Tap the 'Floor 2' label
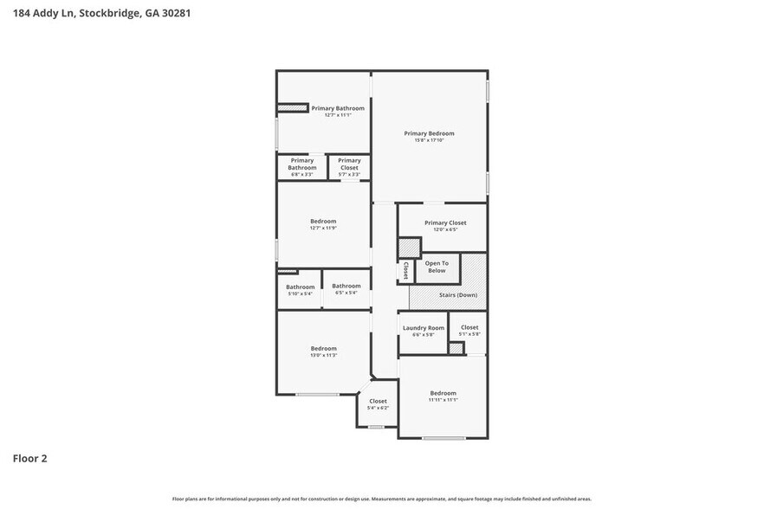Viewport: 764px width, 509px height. (29, 458)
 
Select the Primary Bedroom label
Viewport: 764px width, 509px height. (429, 133)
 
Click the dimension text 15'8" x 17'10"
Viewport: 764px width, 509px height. (429, 140)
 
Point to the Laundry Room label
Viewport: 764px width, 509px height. (423, 328)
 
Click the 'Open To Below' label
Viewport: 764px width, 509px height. (437, 267)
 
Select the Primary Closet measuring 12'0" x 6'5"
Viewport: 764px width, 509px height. (445, 223)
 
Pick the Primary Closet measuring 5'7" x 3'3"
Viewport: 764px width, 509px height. (349, 164)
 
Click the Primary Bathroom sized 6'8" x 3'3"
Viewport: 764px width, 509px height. (301, 164)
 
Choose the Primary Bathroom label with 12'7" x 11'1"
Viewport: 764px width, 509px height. (338, 108)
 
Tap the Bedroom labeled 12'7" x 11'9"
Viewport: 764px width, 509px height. (323, 222)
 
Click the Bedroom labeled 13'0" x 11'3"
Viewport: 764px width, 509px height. (323, 348)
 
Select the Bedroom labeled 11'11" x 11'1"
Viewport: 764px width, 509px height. (443, 393)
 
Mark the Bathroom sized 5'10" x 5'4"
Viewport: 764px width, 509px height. (301, 287)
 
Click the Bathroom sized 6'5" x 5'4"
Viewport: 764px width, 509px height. (346, 286)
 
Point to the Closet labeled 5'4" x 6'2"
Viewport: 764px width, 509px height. (378, 402)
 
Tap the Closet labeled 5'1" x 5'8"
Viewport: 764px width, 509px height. (469, 327)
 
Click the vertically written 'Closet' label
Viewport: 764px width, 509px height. (405, 270)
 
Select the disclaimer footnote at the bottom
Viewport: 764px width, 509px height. (382, 499)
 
